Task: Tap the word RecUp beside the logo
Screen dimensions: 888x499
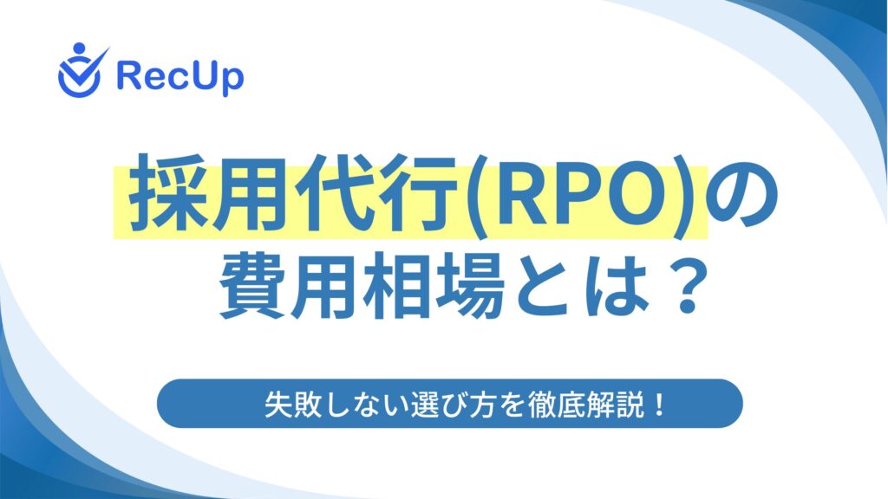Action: click(180, 77)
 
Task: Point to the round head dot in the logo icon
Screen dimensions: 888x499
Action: click(79, 49)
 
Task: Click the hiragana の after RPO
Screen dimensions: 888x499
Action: click(743, 195)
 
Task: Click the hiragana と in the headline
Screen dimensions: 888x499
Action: click(545, 288)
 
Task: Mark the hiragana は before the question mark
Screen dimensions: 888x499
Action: click(617, 288)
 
